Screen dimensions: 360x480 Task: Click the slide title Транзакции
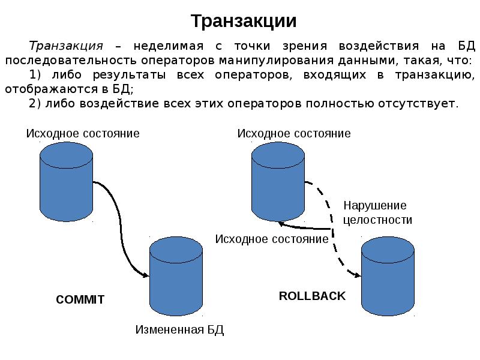coord(244,21)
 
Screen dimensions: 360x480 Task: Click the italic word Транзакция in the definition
coord(67,46)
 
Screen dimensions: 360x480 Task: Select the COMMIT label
coord(80,299)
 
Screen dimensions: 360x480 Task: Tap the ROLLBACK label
coord(312,296)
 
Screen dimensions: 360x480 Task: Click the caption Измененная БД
coord(179,330)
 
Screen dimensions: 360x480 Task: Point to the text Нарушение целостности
coord(377,212)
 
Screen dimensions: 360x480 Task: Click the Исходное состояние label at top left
coord(82,133)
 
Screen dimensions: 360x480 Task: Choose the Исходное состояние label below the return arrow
coord(271,239)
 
